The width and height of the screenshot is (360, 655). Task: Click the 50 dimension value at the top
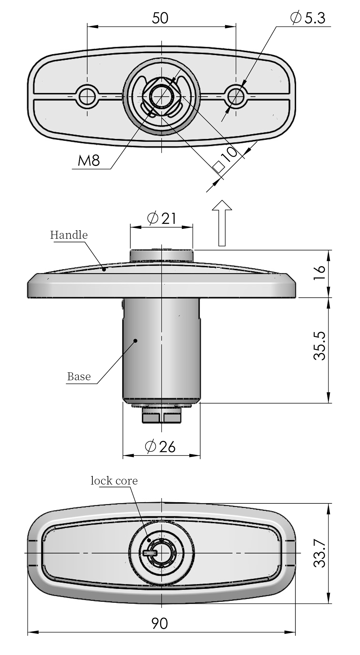(160, 18)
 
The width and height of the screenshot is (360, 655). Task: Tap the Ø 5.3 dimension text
(308, 18)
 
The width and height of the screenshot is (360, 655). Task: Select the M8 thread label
(89, 160)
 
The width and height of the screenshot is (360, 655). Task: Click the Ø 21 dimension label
(161, 218)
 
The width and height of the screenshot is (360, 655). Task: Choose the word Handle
(69, 235)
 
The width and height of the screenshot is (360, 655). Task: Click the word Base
(79, 377)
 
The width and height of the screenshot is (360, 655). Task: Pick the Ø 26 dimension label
(160, 447)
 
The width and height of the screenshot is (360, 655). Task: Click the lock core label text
(114, 481)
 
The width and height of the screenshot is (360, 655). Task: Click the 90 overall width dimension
(160, 624)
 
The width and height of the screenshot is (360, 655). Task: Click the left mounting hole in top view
(88, 96)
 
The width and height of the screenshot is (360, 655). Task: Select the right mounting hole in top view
(236, 96)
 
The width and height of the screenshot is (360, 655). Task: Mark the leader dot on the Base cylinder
(136, 340)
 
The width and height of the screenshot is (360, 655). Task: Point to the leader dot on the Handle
(104, 269)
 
